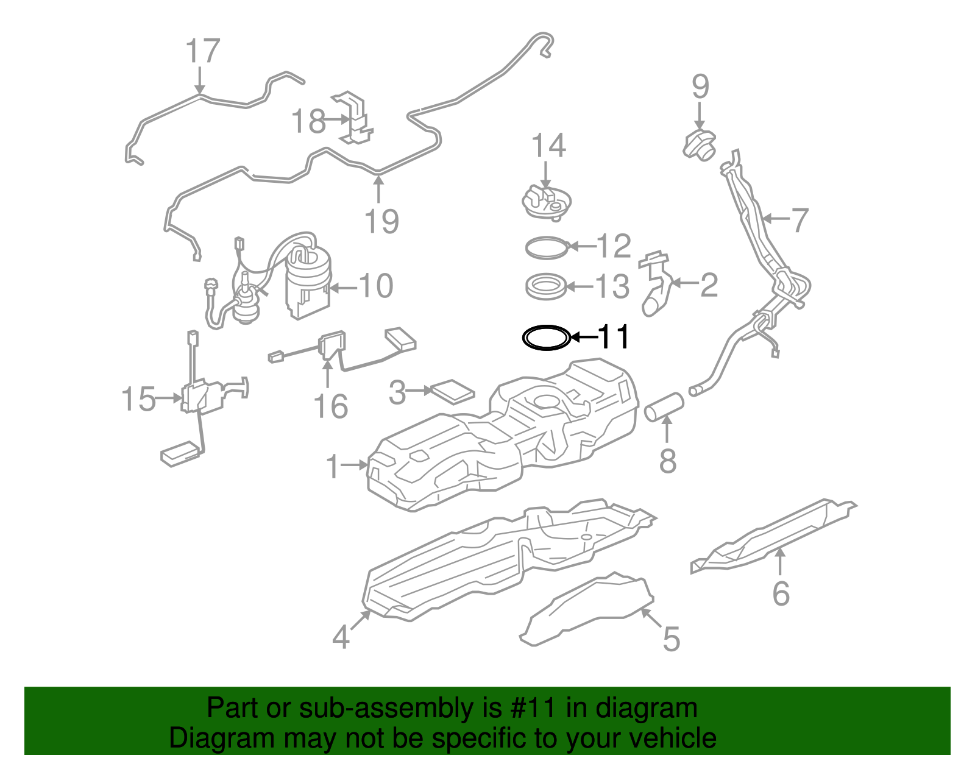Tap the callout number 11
click(613, 337)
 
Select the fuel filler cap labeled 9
click(700, 144)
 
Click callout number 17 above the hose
click(202, 51)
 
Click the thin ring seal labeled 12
click(547, 247)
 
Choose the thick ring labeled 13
click(546, 286)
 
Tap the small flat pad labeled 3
click(452, 392)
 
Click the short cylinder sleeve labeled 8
click(664, 407)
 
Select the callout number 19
click(381, 221)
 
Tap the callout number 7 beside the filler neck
click(799, 220)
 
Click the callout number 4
click(341, 637)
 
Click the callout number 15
click(139, 399)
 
